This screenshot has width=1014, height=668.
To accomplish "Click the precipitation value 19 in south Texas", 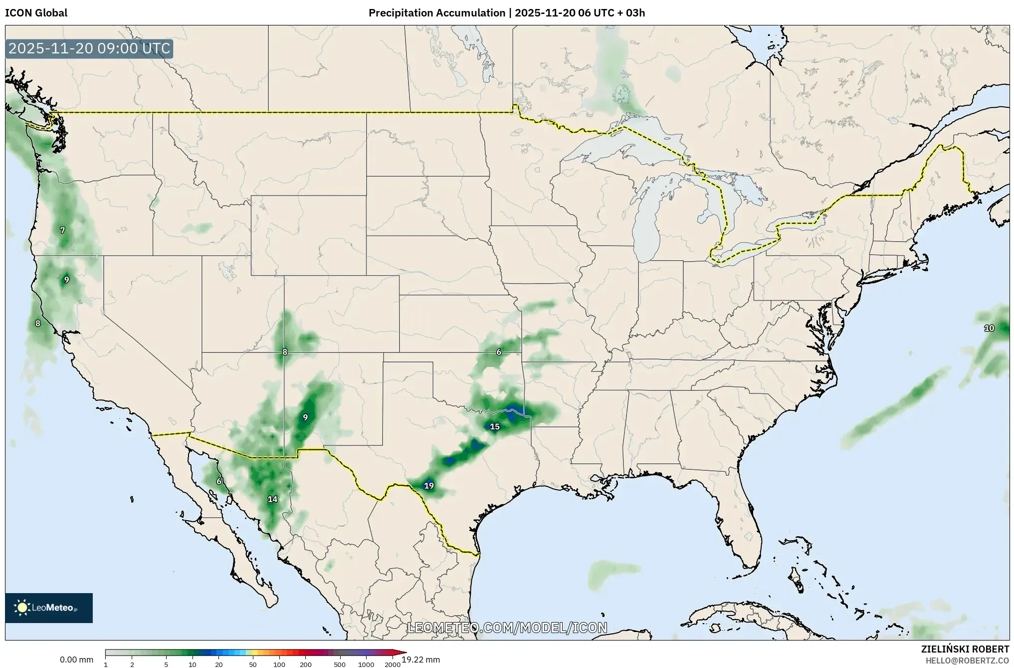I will (x=428, y=485).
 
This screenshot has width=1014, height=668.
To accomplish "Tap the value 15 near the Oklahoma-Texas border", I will (x=494, y=426).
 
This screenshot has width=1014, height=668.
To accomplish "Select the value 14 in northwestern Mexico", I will (x=272, y=499).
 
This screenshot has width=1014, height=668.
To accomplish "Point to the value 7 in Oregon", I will (x=62, y=230).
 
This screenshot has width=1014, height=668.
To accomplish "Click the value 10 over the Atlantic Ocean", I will (x=989, y=328).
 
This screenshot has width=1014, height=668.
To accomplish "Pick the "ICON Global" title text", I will (x=36, y=13).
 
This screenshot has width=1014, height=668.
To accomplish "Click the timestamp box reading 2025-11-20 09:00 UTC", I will (x=89, y=49).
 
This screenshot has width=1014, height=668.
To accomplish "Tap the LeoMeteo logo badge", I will (x=49, y=608).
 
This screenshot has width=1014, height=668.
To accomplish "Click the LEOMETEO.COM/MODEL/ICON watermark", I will (x=507, y=628).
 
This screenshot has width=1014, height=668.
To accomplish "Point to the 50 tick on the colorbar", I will (x=253, y=664).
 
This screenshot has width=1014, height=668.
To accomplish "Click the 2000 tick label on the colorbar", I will (x=393, y=664).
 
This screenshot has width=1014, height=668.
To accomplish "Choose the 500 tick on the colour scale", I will (x=340, y=664).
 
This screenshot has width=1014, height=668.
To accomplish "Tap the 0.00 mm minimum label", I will (x=76, y=660).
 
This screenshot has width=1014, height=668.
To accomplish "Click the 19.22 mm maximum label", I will (x=421, y=660).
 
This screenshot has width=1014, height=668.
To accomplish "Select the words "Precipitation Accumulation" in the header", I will (x=436, y=13).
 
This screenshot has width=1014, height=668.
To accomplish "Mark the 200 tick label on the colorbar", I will (x=306, y=664).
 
